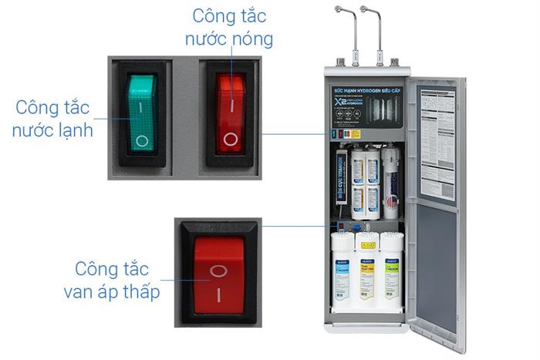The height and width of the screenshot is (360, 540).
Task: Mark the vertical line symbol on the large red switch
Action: pyautogui.click(x=219, y=295)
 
